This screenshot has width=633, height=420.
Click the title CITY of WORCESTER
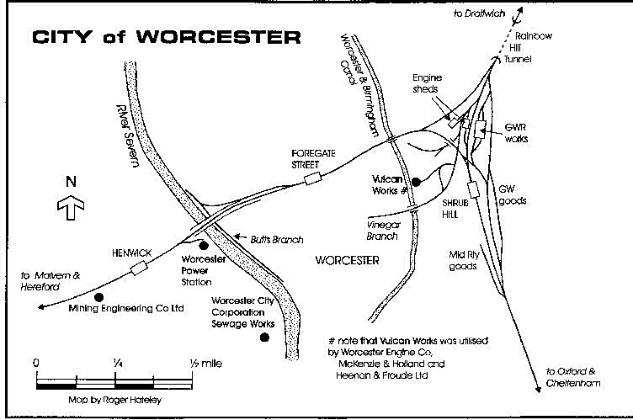tap(165, 37)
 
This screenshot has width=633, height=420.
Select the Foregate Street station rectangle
tap(313, 177)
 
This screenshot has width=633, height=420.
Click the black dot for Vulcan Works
tap(416, 181)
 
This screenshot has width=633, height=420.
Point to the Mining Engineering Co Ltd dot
tap(98, 297)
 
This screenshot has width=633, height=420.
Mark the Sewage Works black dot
tap(264, 338)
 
